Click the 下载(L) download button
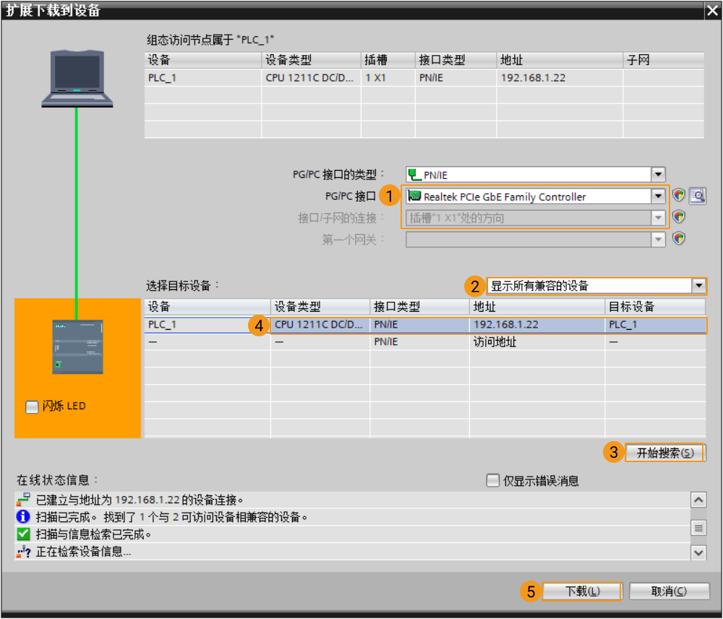(x=582, y=592)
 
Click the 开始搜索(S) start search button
(x=665, y=453)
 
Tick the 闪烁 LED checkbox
(x=32, y=407)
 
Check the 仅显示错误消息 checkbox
(x=492, y=480)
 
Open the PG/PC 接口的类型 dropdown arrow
(x=658, y=174)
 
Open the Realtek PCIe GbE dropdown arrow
(x=658, y=196)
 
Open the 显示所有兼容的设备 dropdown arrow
(x=698, y=286)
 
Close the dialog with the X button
(x=712, y=10)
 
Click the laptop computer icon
(x=77, y=78)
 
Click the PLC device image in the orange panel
(x=77, y=346)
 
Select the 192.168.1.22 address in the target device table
(x=506, y=324)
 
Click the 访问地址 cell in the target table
(x=495, y=342)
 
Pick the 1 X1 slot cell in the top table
(x=375, y=77)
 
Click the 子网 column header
(x=638, y=60)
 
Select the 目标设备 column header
(x=631, y=307)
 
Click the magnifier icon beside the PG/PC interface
(x=698, y=196)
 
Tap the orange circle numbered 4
(x=259, y=325)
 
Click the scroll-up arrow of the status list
(x=698, y=500)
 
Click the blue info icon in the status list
(x=22, y=516)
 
